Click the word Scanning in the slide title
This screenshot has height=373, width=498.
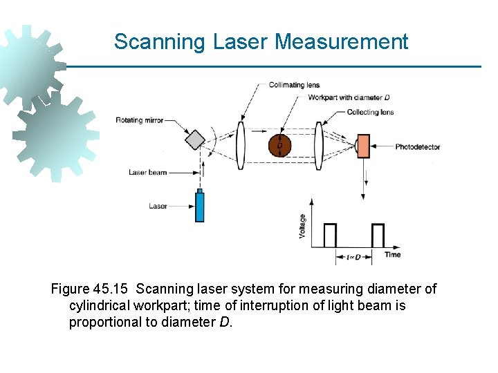pos(160,41)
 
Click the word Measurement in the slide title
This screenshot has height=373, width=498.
pos(341,41)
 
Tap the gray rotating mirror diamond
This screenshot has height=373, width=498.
pos(196,139)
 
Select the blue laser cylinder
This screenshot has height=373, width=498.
pos(200,206)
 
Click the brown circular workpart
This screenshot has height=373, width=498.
pos(279,146)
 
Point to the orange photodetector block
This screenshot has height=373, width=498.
pos(363,146)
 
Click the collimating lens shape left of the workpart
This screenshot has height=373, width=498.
pos(241,146)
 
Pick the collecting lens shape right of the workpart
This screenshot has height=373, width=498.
pos(319,146)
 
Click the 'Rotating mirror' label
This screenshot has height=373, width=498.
pos(140,120)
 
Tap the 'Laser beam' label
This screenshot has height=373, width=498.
pos(147,172)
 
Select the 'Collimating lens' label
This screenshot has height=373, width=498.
pos(294,85)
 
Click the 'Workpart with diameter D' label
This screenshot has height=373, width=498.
pos(349,97)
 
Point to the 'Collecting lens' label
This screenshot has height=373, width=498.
pos(370,112)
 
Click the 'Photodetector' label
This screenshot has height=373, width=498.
pos(417,147)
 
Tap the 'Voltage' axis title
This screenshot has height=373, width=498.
pos(302,226)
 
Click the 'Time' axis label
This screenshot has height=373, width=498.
pos(392,255)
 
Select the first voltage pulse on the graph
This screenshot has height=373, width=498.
pos(330,236)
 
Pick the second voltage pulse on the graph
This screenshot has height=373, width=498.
pos(378,236)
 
